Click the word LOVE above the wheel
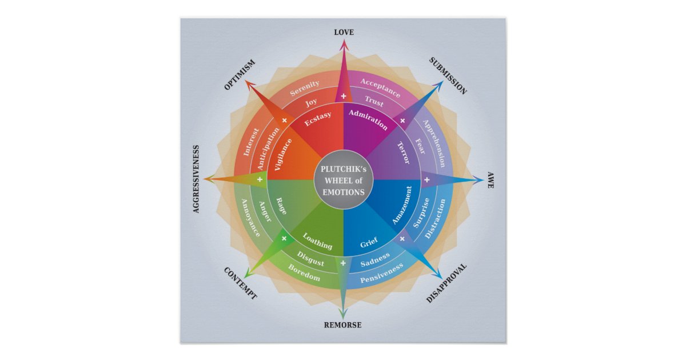click(343, 33)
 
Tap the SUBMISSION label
click(448, 76)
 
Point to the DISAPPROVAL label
click(447, 283)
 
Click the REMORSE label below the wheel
click(343, 325)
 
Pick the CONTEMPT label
click(240, 283)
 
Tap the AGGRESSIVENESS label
click(196, 179)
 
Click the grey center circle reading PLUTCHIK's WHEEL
click(343, 180)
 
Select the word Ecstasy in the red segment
click(318, 119)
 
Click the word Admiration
click(368, 119)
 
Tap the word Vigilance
click(284, 155)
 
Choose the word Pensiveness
click(381, 273)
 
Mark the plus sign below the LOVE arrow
click(343, 96)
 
